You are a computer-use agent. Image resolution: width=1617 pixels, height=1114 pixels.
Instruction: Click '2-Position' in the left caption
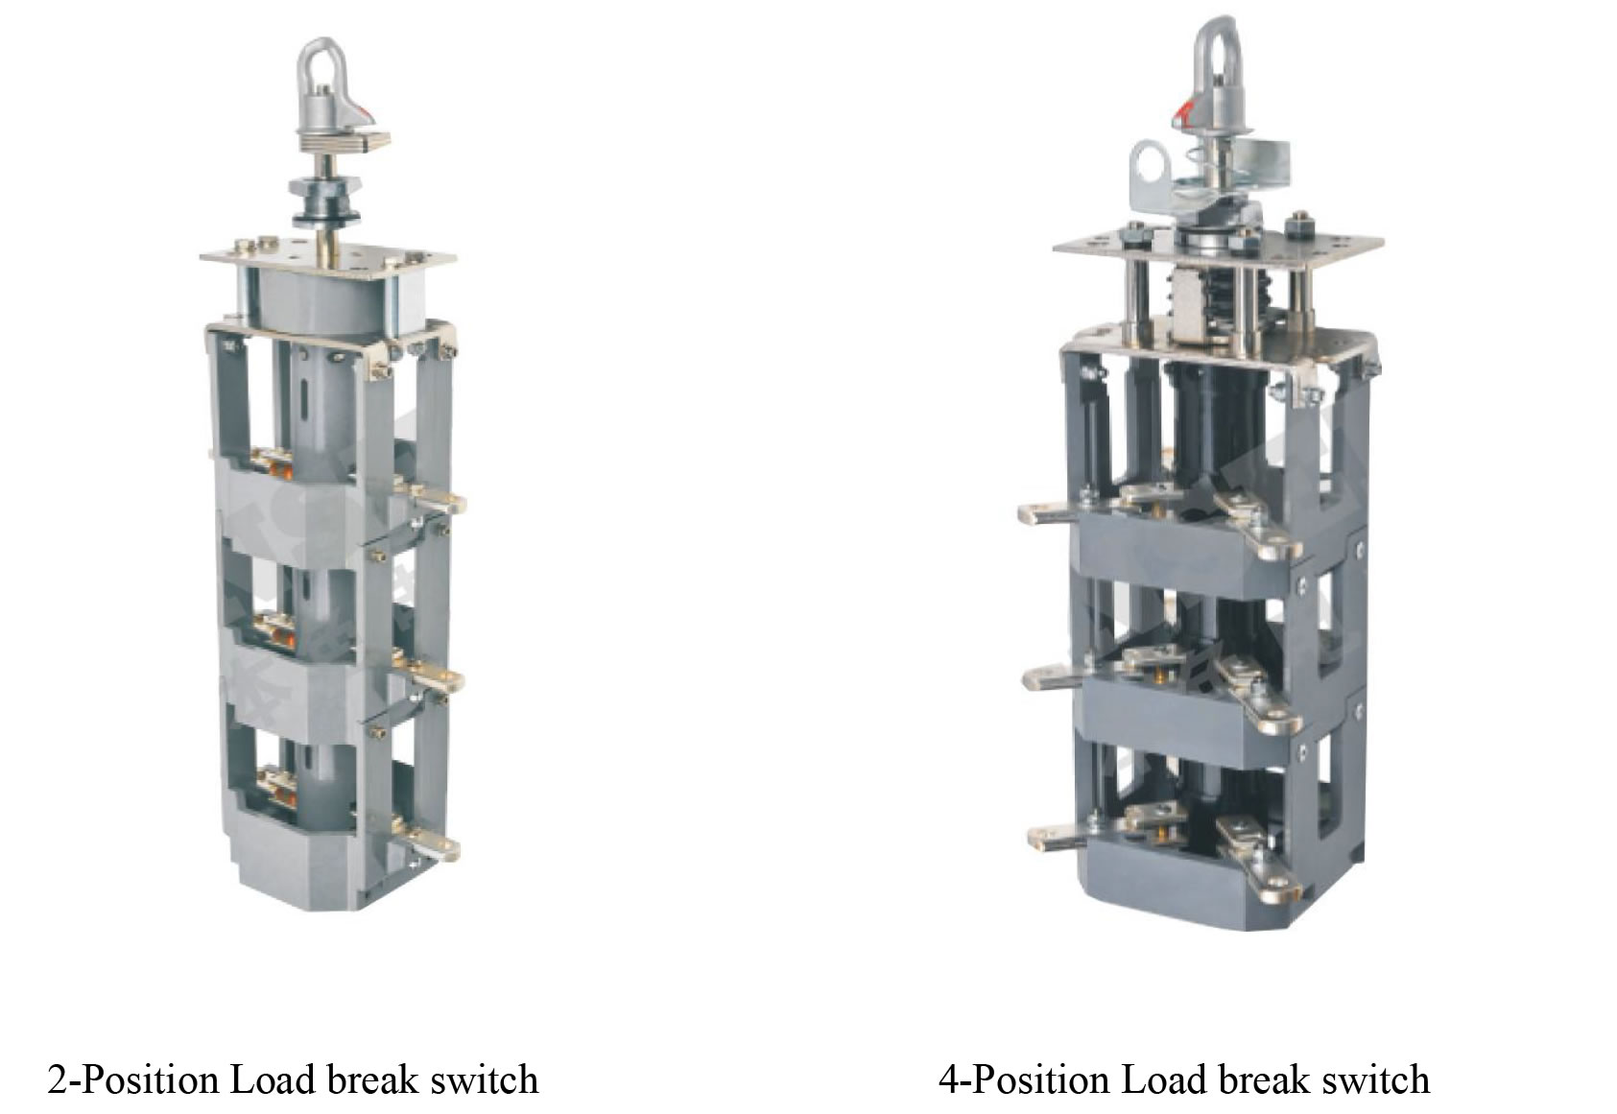[x=133, y=1079]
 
